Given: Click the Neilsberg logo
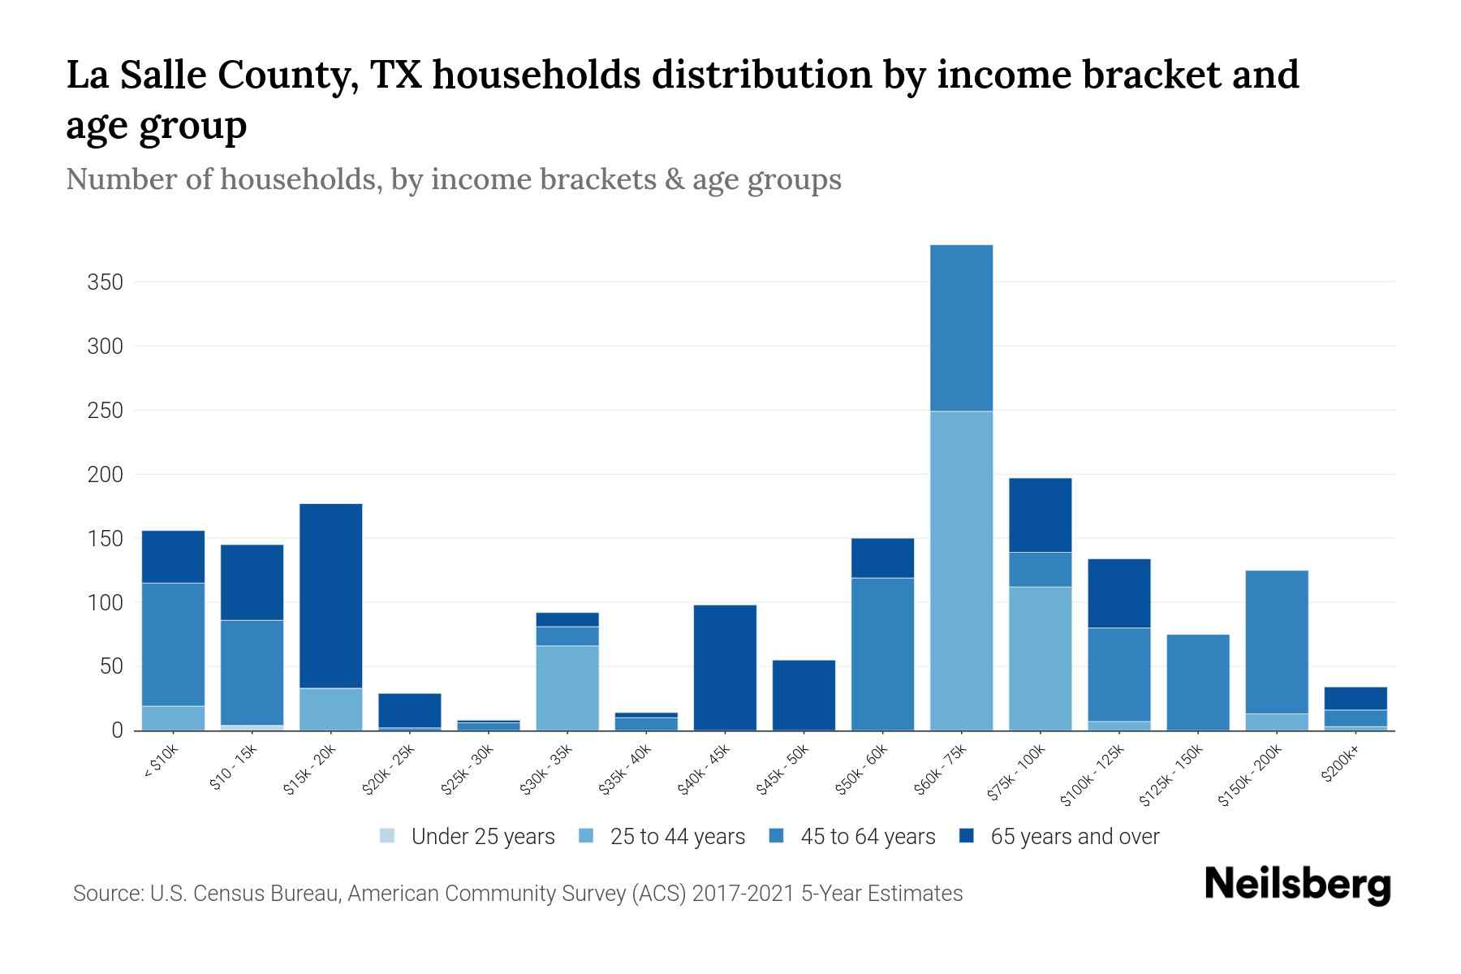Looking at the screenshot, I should [x=1297, y=886].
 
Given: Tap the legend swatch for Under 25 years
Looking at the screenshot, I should [x=388, y=836].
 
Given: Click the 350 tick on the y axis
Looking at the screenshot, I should [x=106, y=282].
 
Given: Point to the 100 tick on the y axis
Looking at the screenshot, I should [x=106, y=603].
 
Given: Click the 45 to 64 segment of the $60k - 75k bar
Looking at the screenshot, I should [x=961, y=328].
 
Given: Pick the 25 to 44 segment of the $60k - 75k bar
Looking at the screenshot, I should [x=961, y=571].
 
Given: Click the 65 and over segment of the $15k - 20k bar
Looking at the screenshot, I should [x=331, y=596].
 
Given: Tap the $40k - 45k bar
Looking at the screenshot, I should [x=725, y=667].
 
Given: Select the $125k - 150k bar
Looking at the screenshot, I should [x=1198, y=682].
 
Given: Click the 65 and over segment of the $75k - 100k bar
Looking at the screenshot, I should [x=1040, y=515].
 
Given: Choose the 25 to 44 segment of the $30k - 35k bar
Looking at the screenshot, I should [x=567, y=687].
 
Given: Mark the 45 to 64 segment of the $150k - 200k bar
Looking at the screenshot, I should [x=1277, y=641].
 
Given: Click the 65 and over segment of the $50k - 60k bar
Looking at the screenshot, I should [x=882, y=558].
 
